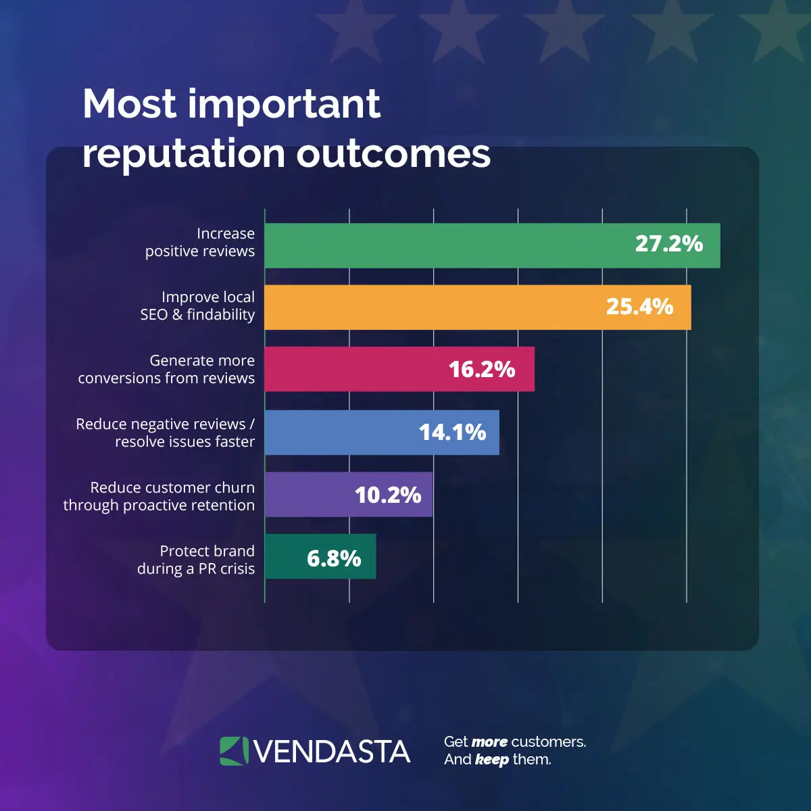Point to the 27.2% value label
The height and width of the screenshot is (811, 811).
[669, 244]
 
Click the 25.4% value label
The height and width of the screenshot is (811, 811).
[639, 307]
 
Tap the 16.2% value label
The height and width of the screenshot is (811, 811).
[482, 370]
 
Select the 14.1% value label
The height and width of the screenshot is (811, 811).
[452, 433]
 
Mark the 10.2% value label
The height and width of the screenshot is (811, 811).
[388, 495]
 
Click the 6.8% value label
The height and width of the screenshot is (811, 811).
[334, 558]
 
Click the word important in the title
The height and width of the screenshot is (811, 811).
[284, 105]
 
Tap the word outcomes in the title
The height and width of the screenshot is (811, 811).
[393, 154]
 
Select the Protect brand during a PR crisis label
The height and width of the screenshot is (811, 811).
[197, 560]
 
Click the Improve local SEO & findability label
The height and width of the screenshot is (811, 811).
[198, 305]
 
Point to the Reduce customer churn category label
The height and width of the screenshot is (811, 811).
[159, 496]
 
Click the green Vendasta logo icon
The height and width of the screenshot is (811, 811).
[234, 752]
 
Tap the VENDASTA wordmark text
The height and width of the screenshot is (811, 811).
[332, 752]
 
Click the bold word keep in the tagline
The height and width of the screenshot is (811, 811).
[491, 760]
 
